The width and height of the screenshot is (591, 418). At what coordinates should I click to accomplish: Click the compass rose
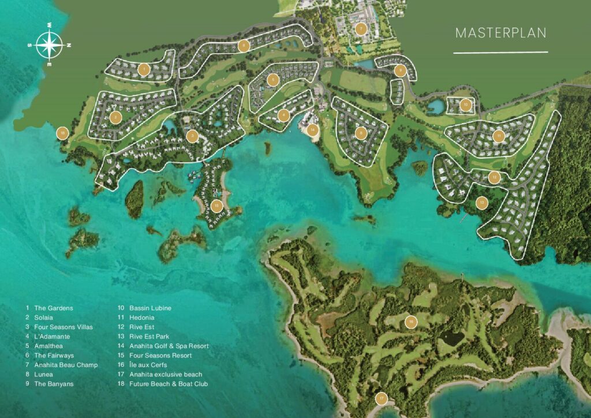[50, 45]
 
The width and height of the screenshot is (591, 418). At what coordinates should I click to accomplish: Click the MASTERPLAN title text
[500, 33]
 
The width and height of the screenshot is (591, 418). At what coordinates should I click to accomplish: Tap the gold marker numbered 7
[361, 29]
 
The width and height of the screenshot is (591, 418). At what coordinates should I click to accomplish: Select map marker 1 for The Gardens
[144, 70]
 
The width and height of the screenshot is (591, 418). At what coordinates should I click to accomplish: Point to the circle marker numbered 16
[410, 322]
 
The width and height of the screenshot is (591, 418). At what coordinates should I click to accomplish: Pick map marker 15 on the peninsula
[216, 205]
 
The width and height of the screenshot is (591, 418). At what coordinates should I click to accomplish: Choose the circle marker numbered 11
[499, 136]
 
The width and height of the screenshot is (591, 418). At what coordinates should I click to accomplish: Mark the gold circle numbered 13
[482, 203]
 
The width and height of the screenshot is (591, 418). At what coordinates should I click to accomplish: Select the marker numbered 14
[312, 130]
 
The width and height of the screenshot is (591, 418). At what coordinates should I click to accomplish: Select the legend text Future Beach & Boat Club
[162, 384]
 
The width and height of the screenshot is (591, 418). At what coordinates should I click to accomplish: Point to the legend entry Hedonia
[135, 318]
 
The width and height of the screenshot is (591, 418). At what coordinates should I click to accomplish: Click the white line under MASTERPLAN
[500, 53]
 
